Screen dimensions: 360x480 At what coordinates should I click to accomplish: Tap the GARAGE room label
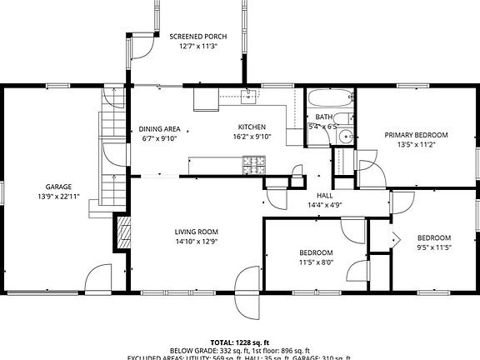pos(58,187)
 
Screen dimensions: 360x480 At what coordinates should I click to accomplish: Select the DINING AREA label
pos(160,129)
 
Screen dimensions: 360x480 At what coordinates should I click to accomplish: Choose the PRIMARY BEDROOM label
pos(416,135)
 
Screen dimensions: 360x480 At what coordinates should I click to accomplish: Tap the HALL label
pos(324,196)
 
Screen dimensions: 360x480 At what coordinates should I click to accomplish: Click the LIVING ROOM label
pos(196,232)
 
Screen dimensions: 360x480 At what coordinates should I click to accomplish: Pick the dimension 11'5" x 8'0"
pos(316,262)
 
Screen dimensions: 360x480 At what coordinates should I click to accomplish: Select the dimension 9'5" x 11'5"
pos(433,247)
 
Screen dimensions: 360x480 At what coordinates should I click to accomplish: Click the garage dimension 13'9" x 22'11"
pos(58,196)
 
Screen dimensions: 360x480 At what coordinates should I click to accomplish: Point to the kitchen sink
pos(248,96)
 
